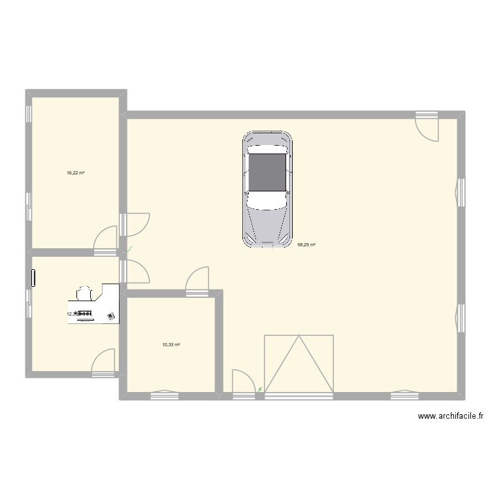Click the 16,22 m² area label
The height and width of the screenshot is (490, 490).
[x=75, y=173]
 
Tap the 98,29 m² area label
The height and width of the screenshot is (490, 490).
[x=306, y=245]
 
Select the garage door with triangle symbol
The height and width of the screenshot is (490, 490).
[x=299, y=364]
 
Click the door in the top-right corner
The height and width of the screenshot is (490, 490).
[x=429, y=125]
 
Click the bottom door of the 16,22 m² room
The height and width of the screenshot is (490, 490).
[x=106, y=240]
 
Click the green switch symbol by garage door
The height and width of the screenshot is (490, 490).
[x=261, y=389]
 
